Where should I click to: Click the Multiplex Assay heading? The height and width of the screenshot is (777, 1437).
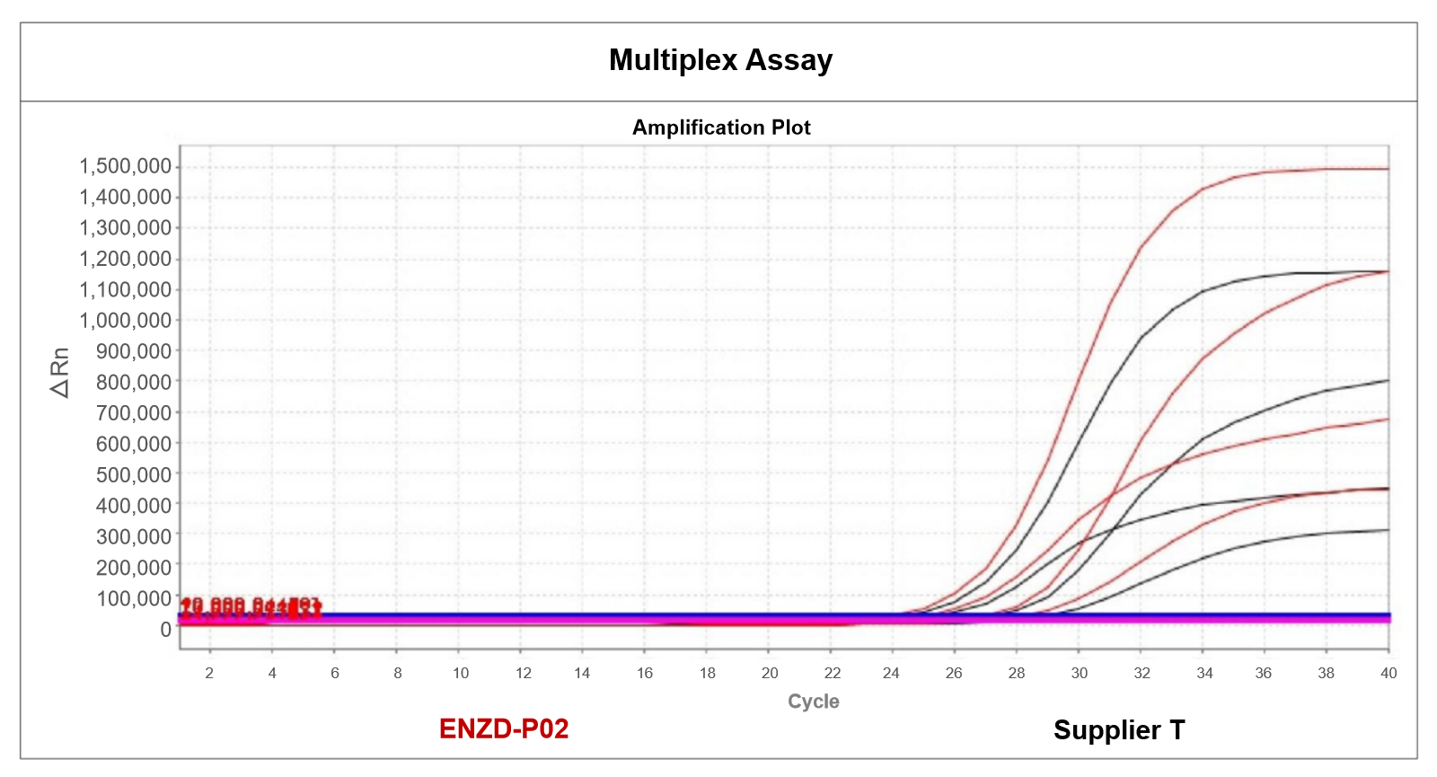[720, 60]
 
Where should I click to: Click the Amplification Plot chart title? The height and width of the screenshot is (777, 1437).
[721, 128]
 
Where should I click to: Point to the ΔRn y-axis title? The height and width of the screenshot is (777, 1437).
[59, 373]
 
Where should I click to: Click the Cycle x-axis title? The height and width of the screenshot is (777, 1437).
[813, 702]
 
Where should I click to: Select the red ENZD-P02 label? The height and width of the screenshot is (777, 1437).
[504, 728]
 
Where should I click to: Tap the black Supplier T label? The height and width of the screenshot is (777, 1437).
[1119, 730]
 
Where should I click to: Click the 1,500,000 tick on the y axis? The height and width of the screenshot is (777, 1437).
[125, 166]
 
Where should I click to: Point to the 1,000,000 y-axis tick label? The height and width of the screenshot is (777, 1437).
[125, 321]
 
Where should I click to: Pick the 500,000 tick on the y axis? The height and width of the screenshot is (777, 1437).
[133, 475]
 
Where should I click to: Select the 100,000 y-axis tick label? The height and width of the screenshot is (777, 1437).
[133, 598]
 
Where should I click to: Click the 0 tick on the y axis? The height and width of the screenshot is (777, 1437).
[165, 630]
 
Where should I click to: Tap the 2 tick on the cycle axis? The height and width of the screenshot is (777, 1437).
[209, 673]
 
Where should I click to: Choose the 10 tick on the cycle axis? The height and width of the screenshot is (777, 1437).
[461, 673]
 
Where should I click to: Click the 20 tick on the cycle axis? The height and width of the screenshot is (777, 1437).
[770, 673]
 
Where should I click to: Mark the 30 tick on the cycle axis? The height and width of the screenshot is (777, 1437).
[1079, 673]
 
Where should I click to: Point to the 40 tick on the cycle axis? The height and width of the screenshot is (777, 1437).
[1389, 673]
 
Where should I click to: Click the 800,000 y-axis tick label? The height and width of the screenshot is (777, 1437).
[133, 383]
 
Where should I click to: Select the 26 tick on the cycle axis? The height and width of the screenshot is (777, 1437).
[954, 673]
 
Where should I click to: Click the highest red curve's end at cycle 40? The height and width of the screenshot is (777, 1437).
[1388, 169]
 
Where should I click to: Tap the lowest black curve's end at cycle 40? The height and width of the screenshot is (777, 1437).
[1388, 530]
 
